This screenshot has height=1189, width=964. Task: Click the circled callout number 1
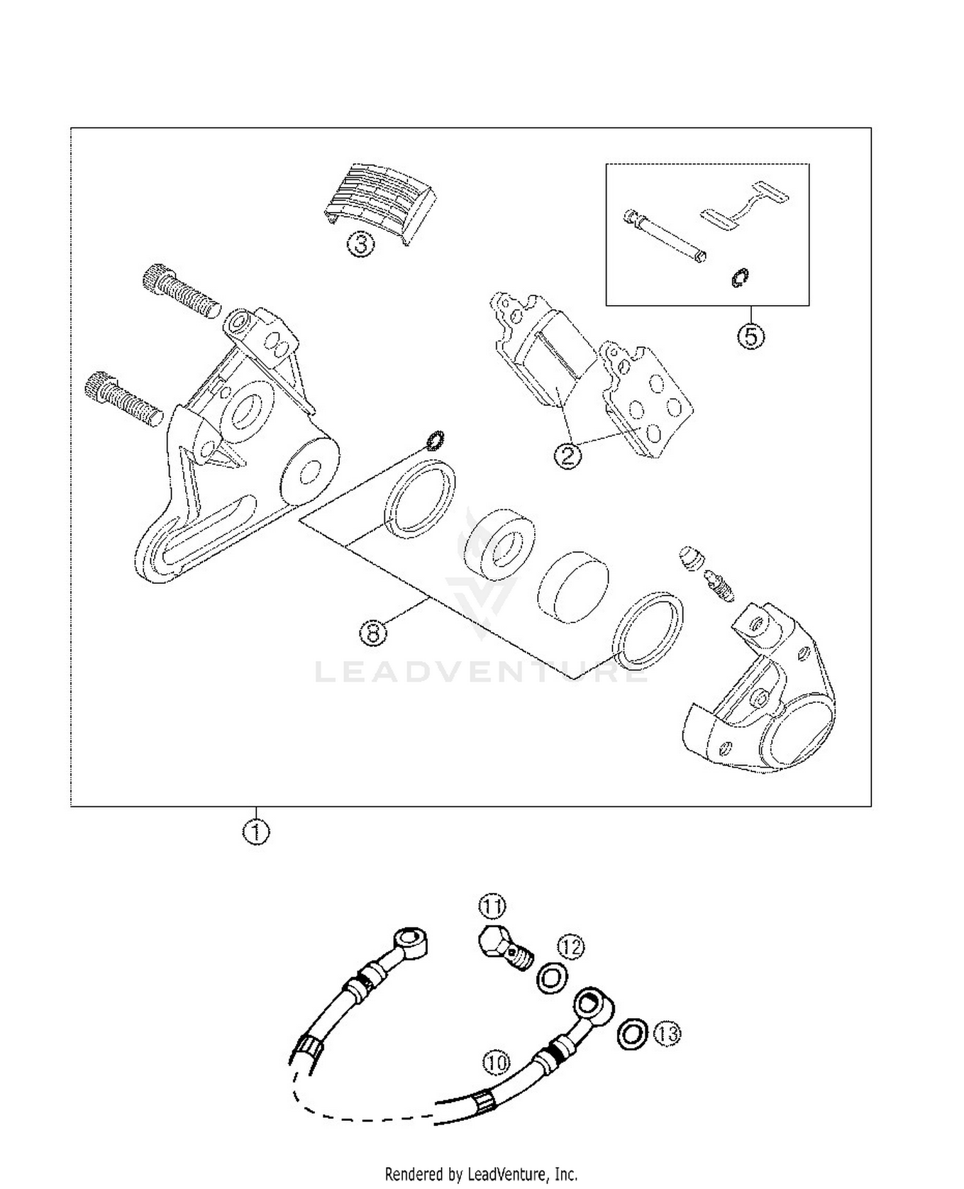[256, 832]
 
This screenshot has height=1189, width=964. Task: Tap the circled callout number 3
[361, 244]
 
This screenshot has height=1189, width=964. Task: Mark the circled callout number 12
[571, 946]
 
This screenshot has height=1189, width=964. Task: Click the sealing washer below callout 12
[551, 979]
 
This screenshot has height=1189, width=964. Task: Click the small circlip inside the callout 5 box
[739, 278]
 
